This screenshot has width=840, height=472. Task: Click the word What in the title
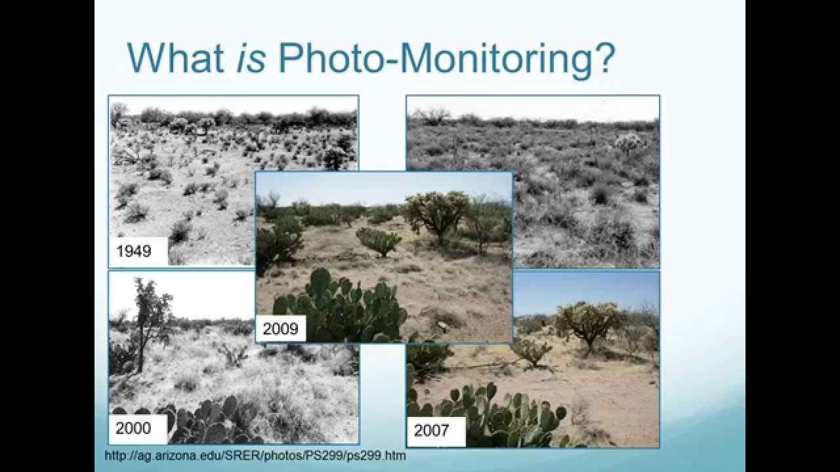pyautogui.click(x=175, y=58)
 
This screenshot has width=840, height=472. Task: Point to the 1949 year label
pyautogui.click(x=133, y=250)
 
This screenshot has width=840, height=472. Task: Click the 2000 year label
pyautogui.click(x=133, y=429)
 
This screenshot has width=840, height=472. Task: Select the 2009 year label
pyautogui.click(x=280, y=328)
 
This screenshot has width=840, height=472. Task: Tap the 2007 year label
pyautogui.click(x=432, y=431)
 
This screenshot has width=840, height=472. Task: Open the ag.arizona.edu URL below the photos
pyautogui.click(x=255, y=456)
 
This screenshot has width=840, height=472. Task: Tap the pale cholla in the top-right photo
pyautogui.click(x=628, y=142)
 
